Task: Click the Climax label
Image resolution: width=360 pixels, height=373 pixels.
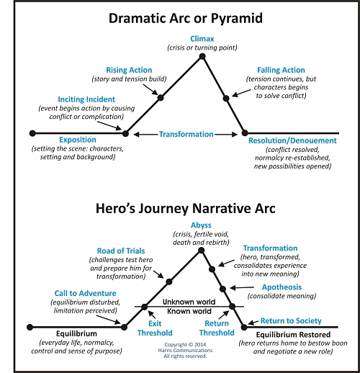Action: pyautogui.click(x=202, y=39)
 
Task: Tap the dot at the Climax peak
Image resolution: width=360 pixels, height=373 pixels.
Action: pyautogui.click(x=202, y=56)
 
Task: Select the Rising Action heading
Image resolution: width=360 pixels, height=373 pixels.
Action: pyautogui.click(x=129, y=70)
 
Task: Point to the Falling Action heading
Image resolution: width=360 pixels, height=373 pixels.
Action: pyautogui.click(x=281, y=70)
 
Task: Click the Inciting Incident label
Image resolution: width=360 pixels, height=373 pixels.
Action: pyautogui.click(x=86, y=99)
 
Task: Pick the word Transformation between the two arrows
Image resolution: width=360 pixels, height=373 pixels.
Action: pyautogui.click(x=186, y=134)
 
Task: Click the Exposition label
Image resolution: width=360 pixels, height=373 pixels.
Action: pyautogui.click(x=78, y=140)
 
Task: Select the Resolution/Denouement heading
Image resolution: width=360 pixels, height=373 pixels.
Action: pyautogui.click(x=292, y=140)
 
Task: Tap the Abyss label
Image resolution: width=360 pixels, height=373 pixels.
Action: pyautogui.click(x=201, y=225)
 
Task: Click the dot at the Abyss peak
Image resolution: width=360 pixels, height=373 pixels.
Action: pyautogui.click(x=202, y=251)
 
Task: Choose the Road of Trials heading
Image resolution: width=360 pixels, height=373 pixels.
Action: pyautogui.click(x=121, y=251)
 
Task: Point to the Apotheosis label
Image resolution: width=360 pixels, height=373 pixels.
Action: pyautogui.click(x=282, y=287)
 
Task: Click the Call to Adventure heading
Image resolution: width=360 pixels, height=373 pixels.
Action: pyautogui.click(x=85, y=293)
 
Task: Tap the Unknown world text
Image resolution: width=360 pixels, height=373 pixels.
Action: pyautogui.click(x=189, y=302)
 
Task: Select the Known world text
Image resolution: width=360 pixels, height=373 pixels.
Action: pyautogui.click(x=189, y=311)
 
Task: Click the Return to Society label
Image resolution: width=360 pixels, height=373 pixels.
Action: pyautogui.click(x=291, y=321)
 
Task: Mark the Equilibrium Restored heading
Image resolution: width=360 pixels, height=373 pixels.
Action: pyautogui.click(x=293, y=335)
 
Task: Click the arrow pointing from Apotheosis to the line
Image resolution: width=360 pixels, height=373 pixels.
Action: pyautogui.click(x=242, y=287)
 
